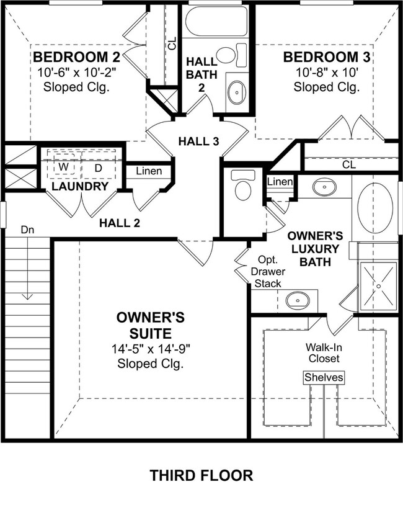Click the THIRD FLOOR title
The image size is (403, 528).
(201, 476)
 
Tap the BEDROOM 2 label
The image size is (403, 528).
(76, 58)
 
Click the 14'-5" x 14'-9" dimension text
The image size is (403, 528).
(151, 349)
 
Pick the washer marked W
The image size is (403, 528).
(64, 168)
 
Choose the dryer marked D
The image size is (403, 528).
(98, 168)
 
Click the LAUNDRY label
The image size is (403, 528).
(80, 186)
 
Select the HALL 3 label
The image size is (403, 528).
(198, 141)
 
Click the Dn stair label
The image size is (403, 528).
(27, 230)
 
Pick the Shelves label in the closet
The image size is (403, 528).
(323, 377)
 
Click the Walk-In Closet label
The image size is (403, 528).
(322, 353)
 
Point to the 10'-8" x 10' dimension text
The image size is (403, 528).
(326, 72)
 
